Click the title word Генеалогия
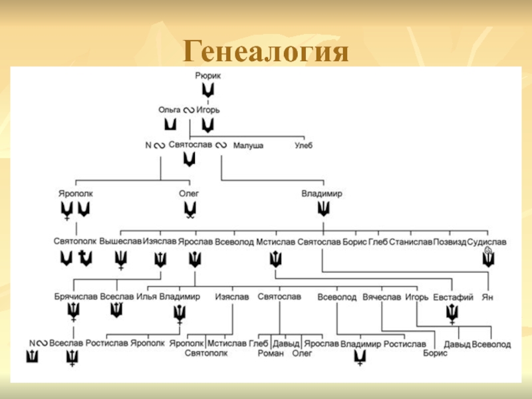[x=266, y=52]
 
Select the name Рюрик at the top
[x=208, y=76]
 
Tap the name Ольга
[x=170, y=110]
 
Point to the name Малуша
[x=248, y=145]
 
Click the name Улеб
[x=303, y=145]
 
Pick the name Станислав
[x=410, y=243]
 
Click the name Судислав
[x=487, y=243]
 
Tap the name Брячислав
[x=76, y=297]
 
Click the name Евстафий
[x=453, y=297]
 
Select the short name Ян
[x=487, y=297]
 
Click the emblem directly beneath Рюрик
[x=208, y=90]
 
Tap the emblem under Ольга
[x=170, y=124]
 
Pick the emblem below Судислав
[x=489, y=258]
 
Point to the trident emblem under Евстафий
[x=452, y=313]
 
